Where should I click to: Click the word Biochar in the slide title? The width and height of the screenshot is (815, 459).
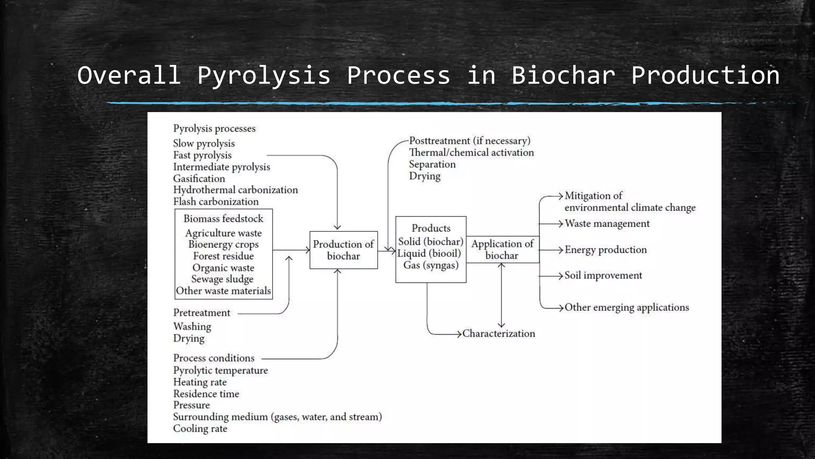(563, 76)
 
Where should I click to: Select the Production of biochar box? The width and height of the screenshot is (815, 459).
(343, 250)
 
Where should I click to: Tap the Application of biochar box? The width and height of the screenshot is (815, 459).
(502, 250)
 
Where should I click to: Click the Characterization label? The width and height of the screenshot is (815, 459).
(499, 333)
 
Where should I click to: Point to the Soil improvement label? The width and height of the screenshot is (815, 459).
(603, 275)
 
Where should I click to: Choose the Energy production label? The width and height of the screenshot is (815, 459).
(606, 250)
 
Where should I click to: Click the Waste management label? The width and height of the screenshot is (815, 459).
(607, 224)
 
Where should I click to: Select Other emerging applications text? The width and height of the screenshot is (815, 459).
(627, 307)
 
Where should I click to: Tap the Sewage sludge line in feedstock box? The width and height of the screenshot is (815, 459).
(222, 279)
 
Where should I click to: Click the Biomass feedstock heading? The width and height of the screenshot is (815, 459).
(223, 219)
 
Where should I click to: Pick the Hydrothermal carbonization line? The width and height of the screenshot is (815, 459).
(235, 190)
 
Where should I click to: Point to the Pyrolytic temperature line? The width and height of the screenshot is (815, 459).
(220, 371)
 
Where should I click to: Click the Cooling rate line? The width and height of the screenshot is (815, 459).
(200, 429)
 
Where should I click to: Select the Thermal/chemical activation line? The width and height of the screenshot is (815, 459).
(471, 153)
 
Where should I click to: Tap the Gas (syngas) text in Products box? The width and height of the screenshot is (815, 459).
(431, 265)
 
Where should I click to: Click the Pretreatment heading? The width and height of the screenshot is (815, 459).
(202, 313)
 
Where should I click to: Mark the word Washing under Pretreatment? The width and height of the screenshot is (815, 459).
(192, 327)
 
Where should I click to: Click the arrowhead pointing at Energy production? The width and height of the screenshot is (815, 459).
(560, 250)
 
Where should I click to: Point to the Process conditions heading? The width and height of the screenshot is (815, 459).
(214, 358)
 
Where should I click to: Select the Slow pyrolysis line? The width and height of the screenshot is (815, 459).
(204, 143)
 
